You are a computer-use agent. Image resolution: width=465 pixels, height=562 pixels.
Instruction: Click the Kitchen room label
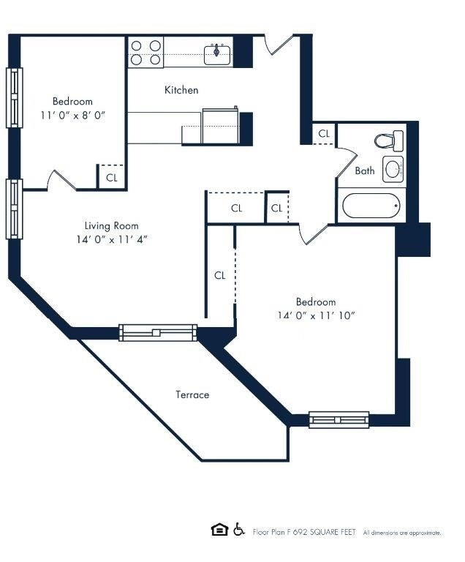click(x=181, y=90)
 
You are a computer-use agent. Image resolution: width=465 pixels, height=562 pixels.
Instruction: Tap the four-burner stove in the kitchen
click(x=145, y=53)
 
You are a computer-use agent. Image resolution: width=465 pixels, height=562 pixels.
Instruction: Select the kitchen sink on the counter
click(x=217, y=53)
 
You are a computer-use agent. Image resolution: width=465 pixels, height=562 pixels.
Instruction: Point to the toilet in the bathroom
click(x=389, y=139)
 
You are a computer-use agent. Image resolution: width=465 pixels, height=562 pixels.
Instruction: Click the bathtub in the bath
click(x=372, y=206)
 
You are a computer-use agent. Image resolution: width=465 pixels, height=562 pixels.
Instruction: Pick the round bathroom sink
click(x=393, y=169)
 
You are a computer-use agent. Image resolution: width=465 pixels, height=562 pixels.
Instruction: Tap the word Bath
click(x=365, y=171)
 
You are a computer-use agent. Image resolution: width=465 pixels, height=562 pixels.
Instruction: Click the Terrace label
click(x=192, y=394)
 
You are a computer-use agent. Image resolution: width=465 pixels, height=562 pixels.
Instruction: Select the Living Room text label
click(x=111, y=225)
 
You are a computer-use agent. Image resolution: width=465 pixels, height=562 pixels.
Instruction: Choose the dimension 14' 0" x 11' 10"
click(x=316, y=315)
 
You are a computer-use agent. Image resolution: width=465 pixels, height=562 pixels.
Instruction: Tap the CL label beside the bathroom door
click(x=324, y=134)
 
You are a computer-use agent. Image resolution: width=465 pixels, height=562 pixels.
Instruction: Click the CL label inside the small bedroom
click(x=111, y=177)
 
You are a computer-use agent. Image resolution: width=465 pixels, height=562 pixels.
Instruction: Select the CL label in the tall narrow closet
click(x=219, y=275)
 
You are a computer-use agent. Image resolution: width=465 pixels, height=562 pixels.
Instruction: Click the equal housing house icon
click(x=218, y=530)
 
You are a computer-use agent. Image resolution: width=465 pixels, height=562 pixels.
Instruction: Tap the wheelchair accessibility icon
click(x=238, y=530)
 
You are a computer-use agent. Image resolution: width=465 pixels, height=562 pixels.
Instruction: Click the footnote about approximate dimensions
click(x=402, y=533)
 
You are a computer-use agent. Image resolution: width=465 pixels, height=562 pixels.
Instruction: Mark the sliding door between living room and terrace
click(x=158, y=333)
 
